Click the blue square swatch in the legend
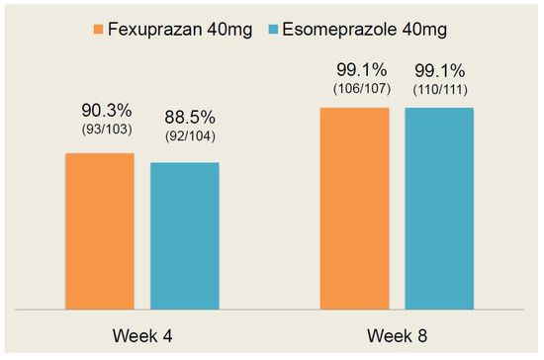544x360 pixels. tap(277, 29)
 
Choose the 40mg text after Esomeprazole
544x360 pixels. tap(415, 29)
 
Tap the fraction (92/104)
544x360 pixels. tap(184, 136)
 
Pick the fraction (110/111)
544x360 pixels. tap(439, 90)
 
